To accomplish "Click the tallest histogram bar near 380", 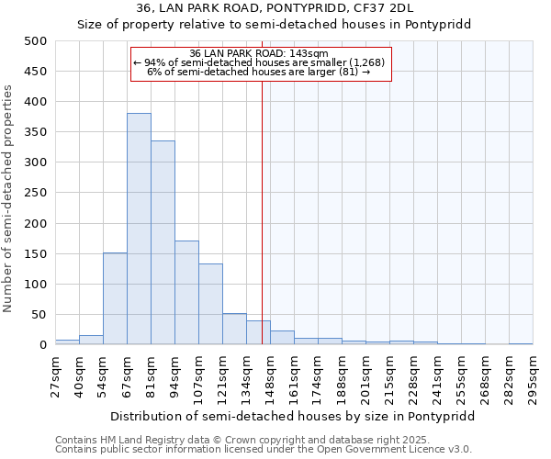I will [x=139, y=229].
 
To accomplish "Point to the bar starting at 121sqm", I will [x=234, y=330].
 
